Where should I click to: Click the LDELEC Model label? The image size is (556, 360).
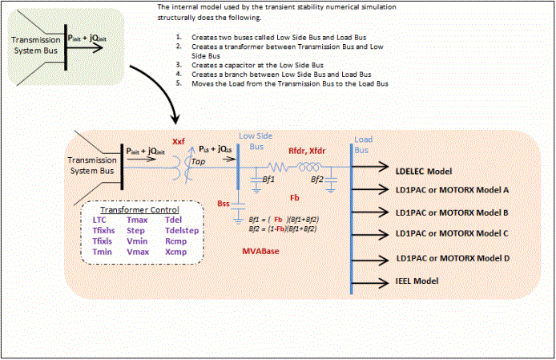click(x=424, y=172)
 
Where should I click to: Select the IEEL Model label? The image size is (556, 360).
click(x=417, y=281)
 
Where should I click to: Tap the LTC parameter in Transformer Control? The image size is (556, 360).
click(x=99, y=219)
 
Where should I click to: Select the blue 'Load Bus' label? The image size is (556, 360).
click(x=363, y=145)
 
